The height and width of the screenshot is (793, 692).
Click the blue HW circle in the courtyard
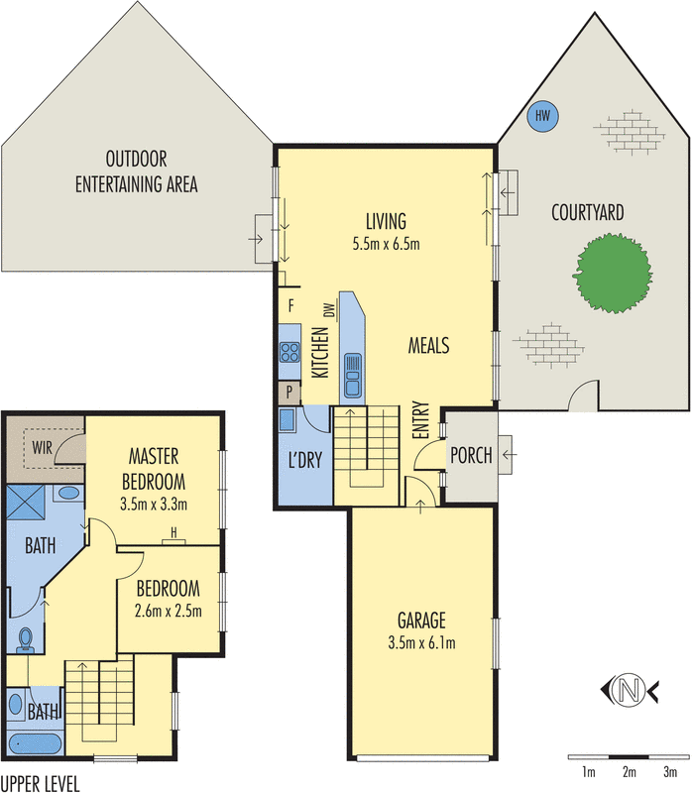coord(541,116)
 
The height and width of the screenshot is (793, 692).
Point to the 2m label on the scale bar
coord(628,770)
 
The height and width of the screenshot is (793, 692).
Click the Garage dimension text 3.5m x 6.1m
coord(422,643)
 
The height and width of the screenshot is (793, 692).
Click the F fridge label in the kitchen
coord(290,304)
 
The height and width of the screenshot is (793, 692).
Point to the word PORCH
coord(471,456)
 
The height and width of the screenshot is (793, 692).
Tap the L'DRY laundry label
coord(301,462)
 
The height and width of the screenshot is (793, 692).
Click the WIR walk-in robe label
coord(41,445)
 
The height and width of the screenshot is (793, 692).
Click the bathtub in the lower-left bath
coord(33,743)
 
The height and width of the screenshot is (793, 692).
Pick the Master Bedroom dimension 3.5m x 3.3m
coord(154,504)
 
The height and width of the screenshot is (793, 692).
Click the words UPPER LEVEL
coord(40,783)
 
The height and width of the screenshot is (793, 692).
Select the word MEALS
coord(429,346)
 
